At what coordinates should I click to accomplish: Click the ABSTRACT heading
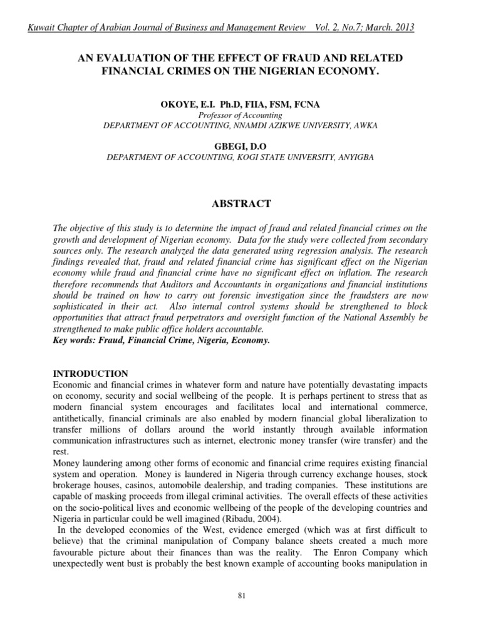click(x=240, y=203)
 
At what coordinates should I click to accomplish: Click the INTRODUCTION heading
click(x=90, y=374)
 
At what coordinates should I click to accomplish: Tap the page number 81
click(x=241, y=595)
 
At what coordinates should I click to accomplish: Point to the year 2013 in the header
click(x=401, y=28)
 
